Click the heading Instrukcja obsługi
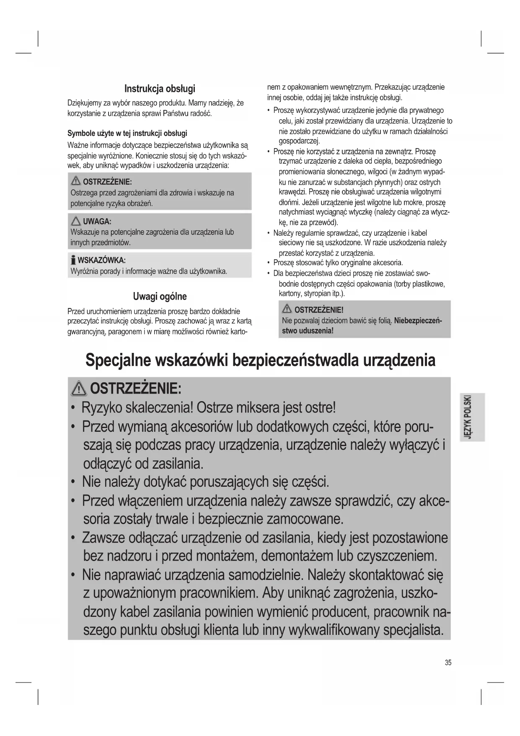[x=160, y=89]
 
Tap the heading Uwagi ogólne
[x=160, y=297]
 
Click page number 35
[x=448, y=663]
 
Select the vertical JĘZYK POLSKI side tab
[x=471, y=417]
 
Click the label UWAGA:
[x=97, y=222]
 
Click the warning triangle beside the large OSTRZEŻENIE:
[x=79, y=389]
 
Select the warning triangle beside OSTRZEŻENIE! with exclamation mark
[x=287, y=310]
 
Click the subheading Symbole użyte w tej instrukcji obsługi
[x=127, y=133]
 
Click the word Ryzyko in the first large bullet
[x=101, y=407]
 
